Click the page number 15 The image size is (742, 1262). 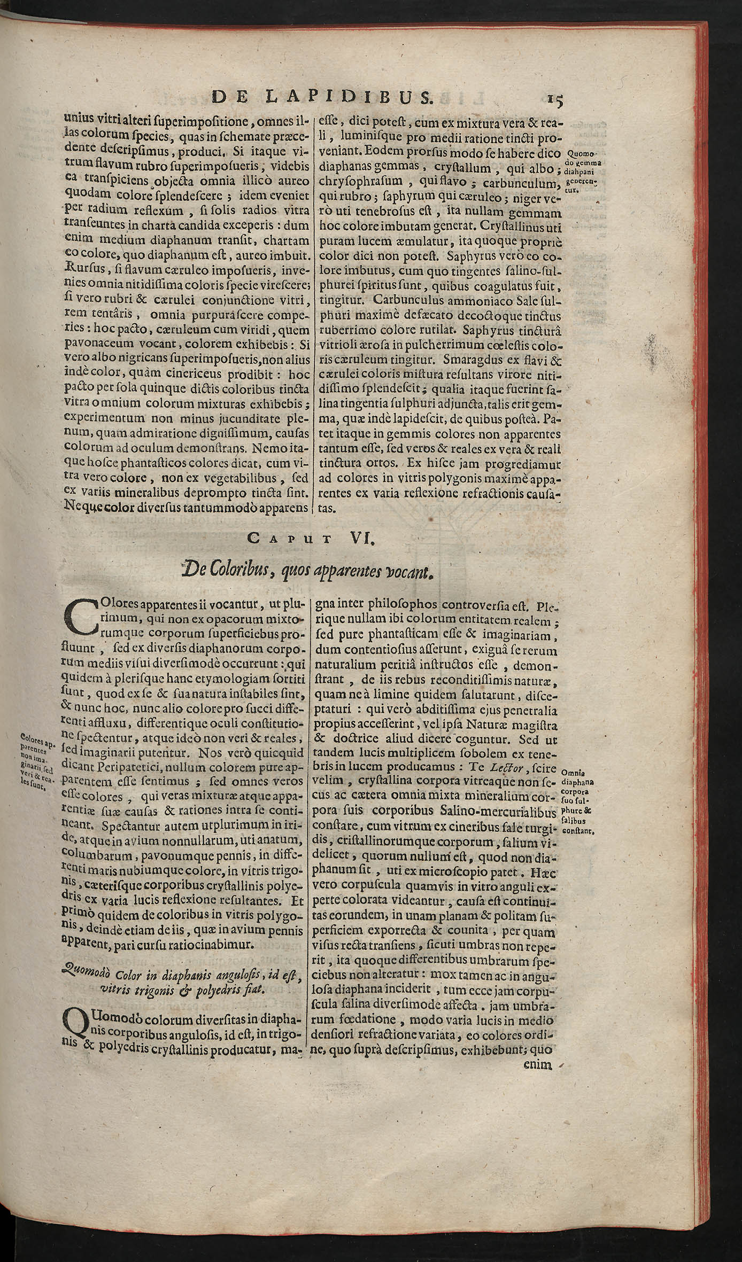[556, 100]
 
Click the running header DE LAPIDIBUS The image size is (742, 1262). [322, 97]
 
